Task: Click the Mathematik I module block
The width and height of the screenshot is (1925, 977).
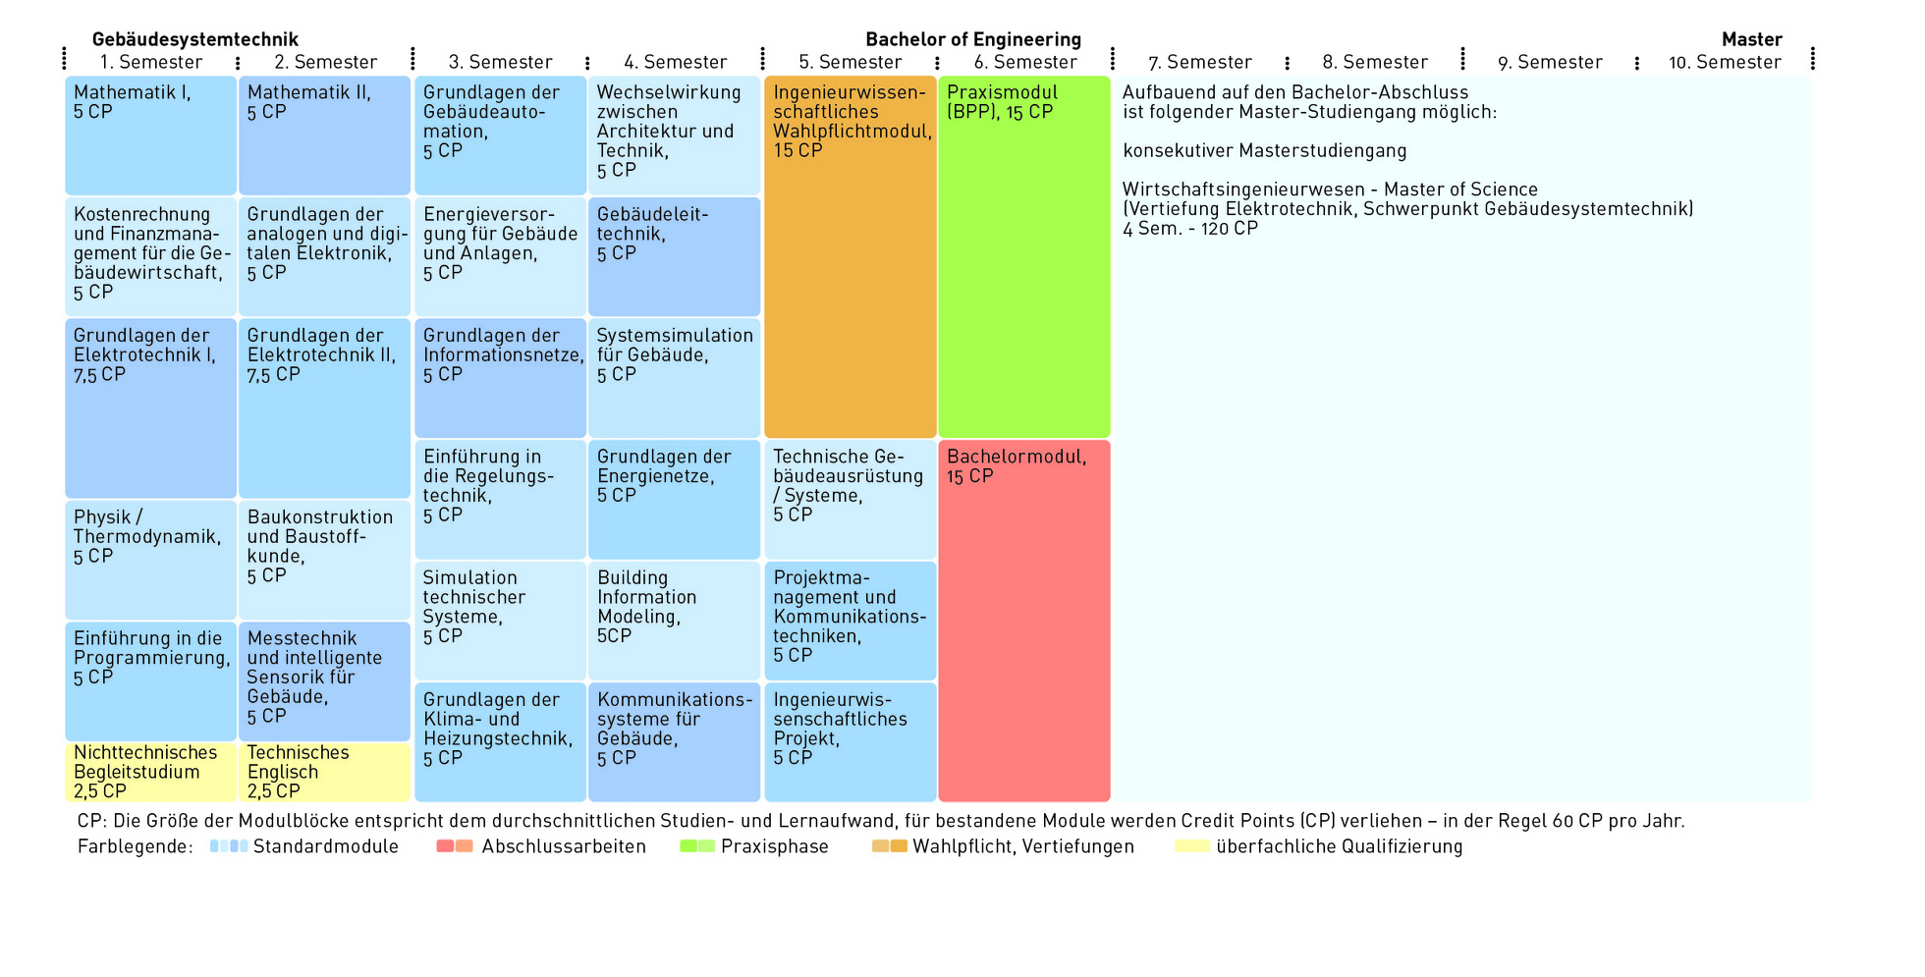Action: click(150, 136)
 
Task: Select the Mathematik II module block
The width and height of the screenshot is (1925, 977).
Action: click(324, 136)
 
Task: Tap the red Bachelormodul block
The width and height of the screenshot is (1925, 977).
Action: click(1024, 621)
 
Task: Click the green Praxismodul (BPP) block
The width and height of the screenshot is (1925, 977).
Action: click(1024, 256)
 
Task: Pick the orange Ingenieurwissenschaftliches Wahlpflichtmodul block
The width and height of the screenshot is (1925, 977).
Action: click(851, 256)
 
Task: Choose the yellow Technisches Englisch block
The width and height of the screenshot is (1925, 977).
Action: click(324, 772)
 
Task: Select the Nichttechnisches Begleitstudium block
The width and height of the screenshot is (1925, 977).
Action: click(150, 772)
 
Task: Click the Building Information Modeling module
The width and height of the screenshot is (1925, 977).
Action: click(675, 621)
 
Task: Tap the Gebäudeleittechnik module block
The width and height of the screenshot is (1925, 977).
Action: click(675, 256)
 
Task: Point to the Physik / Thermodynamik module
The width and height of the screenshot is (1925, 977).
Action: click(150, 560)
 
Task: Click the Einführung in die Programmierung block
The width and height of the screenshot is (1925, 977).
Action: click(150, 680)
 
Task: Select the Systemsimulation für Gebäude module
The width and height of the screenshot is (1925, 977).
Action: click(675, 378)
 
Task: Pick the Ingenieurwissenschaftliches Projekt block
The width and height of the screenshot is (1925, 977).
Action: click(851, 742)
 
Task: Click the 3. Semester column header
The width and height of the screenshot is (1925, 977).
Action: click(500, 62)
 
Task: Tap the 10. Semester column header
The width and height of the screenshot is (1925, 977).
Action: click(1725, 62)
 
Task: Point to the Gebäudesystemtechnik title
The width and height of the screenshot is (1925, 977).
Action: click(194, 39)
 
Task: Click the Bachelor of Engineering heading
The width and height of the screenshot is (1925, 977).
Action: click(973, 39)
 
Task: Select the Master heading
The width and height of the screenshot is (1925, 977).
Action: click(1752, 39)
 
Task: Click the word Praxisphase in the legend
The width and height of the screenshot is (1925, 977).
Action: click(775, 846)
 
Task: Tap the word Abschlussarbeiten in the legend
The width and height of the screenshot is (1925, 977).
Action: click(564, 846)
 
